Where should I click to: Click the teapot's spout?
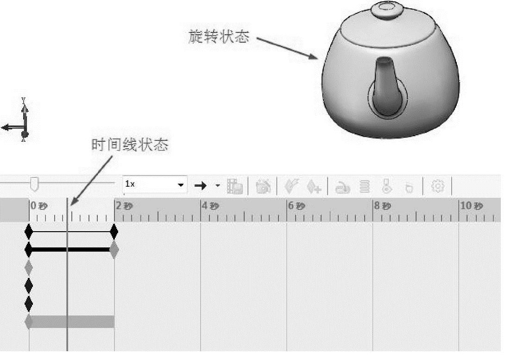(x=385, y=88)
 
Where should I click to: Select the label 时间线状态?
(x=129, y=145)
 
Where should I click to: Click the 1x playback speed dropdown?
(x=154, y=184)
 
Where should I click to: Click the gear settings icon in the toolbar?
(x=437, y=186)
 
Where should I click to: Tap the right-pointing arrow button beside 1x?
(x=200, y=186)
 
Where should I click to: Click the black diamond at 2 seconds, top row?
(x=114, y=232)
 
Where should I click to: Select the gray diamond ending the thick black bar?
(x=114, y=250)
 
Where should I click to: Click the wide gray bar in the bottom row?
(x=72, y=322)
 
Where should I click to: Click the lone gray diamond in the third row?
(x=29, y=267)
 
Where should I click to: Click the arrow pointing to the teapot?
(x=287, y=48)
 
